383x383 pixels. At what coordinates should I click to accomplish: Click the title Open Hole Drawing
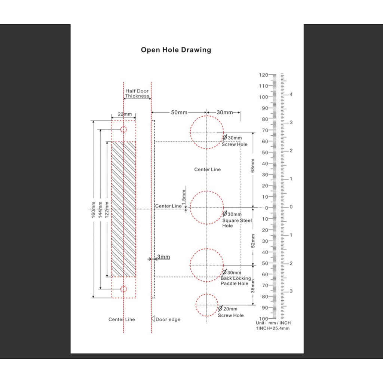coord(176,50)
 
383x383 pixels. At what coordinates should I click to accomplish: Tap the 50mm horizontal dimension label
coord(179,112)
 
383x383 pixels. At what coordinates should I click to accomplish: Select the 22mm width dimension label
coord(125,114)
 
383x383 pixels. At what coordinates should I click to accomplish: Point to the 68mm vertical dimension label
coord(252,166)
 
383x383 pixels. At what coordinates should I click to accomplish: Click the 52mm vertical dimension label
coord(253,241)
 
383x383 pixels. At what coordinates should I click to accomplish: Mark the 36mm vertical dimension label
coord(253,286)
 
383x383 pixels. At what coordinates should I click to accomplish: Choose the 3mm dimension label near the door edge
coord(163,257)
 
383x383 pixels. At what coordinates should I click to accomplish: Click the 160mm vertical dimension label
coord(93,210)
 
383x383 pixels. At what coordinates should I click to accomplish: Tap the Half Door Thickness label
coord(137,94)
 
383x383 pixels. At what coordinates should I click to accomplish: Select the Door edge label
coord(168,319)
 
